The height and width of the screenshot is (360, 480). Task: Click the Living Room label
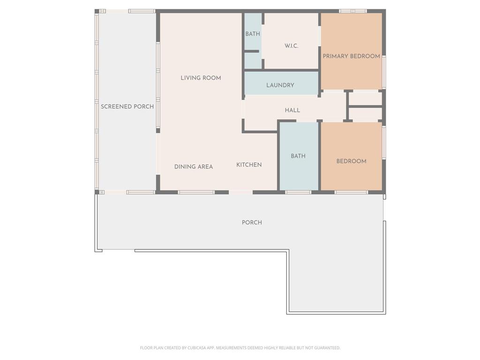[201, 78]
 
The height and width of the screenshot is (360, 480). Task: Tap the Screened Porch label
[127, 106]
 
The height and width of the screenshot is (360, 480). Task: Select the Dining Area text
[194, 166]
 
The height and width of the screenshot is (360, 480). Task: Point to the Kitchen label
[249, 165]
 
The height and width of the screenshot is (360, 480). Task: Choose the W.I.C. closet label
[292, 46]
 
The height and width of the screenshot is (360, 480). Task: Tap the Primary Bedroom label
[352, 56]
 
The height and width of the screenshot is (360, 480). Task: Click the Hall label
[292, 110]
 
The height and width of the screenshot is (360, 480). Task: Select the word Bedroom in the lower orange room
[352, 161]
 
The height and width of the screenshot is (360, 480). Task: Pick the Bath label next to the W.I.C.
[253, 34]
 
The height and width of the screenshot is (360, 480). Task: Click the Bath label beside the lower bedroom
[298, 156]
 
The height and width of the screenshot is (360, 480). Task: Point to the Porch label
[252, 223]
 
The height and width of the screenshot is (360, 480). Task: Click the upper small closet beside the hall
[366, 98]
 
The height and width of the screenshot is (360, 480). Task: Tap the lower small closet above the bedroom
[366, 114]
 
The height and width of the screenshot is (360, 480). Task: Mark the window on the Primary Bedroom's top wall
[353, 11]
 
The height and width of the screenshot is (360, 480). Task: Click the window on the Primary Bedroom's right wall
[384, 72]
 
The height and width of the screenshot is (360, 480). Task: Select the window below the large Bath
[298, 192]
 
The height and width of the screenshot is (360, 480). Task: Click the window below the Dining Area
[196, 192]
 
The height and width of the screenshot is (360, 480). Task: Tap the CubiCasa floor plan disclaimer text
[240, 348]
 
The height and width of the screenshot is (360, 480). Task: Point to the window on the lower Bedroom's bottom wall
[351, 192]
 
